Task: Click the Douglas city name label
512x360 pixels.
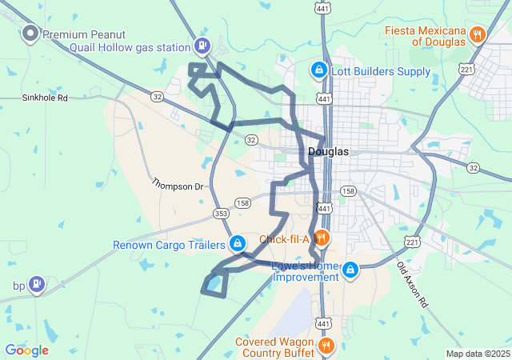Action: coord(328,151)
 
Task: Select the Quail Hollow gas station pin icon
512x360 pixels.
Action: coord(203,46)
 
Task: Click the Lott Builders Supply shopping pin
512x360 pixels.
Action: coord(318,71)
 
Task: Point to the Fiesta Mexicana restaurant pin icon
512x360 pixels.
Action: coord(478,34)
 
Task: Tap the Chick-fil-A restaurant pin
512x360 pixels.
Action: coord(321,238)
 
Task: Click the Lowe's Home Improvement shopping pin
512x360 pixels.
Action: coord(349,272)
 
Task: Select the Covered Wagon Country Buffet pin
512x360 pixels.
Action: coord(326,346)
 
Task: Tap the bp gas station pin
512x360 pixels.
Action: coord(36,284)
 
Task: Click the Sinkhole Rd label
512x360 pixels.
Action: coord(45,98)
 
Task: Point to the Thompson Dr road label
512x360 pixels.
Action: coord(178,186)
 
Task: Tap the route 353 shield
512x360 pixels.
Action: coord(221,214)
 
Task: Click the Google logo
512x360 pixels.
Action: coord(26,350)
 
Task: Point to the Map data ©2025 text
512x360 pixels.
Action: coord(477,354)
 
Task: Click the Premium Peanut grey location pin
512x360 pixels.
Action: coord(30,34)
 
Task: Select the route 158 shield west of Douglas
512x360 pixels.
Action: coord(243,203)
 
